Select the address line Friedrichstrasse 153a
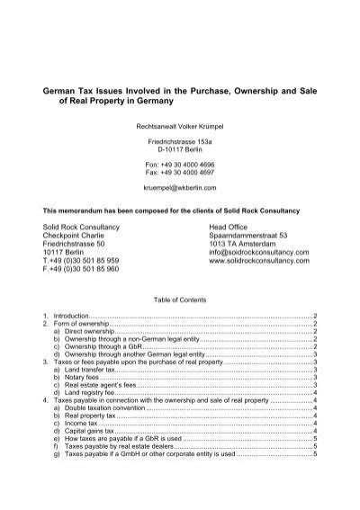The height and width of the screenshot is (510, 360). coord(180,144)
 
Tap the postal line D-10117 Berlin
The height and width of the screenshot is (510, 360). coord(180,153)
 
